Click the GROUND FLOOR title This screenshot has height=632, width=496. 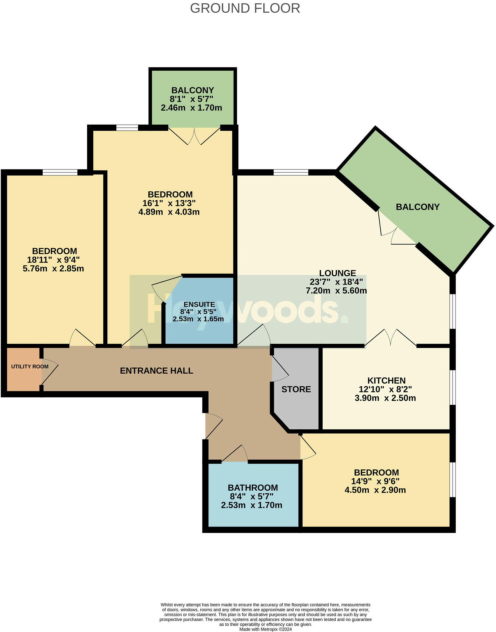pos(245,8)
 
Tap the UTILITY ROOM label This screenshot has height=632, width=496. pos(30,367)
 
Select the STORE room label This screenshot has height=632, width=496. pos(296,389)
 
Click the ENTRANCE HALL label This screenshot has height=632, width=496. pos(156,371)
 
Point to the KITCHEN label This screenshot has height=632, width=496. pos(386,381)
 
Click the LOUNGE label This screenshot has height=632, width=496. pos(337,273)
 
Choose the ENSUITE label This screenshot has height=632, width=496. pos(199,304)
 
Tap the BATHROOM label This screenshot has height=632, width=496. pos(253,488)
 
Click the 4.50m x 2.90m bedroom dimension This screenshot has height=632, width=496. pos(375,490)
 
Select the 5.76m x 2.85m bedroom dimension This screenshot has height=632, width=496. pos(53,269)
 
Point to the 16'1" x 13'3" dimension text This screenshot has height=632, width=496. pos(169,203)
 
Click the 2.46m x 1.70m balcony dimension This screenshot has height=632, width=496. pos(191,108)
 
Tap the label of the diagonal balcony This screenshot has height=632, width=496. pos(417,207)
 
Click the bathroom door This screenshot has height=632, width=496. pos(235,454)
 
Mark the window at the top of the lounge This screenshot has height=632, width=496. pos(291,172)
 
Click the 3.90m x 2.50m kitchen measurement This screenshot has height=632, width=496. pos(385,398)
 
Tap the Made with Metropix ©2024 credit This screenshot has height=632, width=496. pos(265,629)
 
